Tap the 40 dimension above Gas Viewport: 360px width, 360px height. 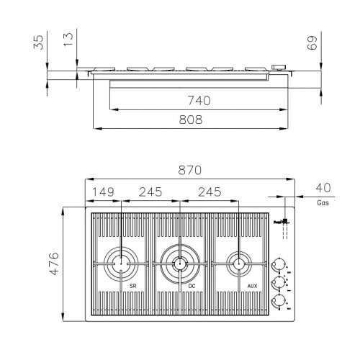(x=323, y=189)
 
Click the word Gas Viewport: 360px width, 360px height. (x=323, y=204)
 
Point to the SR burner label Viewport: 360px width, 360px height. (x=133, y=287)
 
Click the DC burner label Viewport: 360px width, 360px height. (x=192, y=287)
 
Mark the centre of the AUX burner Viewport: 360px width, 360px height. (x=237, y=264)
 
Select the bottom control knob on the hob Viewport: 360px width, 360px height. (x=277, y=301)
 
